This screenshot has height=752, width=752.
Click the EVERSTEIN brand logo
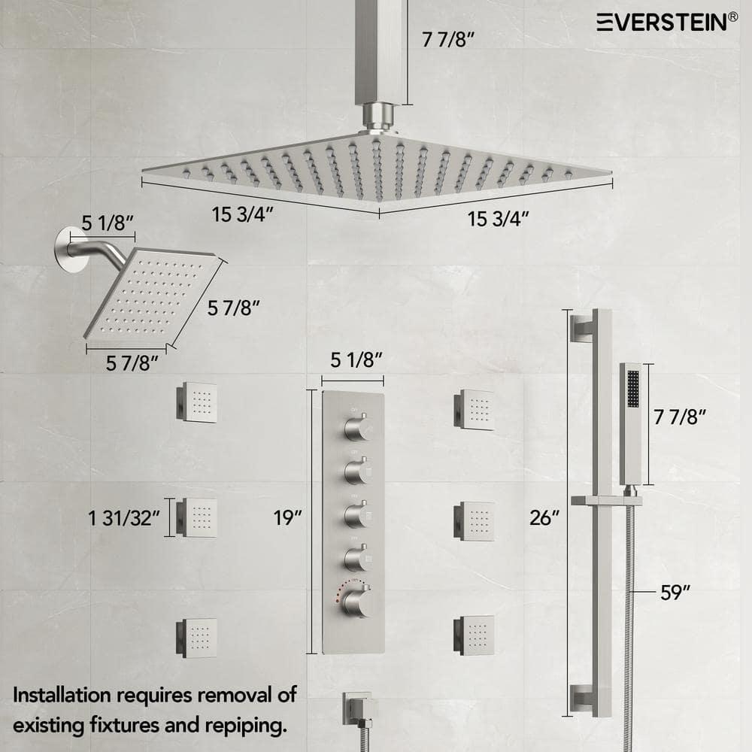coord(662,23)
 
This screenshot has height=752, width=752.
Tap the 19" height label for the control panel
coord(288,517)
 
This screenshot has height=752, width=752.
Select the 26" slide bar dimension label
coord(545,517)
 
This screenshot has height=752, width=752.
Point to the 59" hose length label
coord(675,593)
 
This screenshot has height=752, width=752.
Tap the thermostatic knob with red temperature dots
coord(357,602)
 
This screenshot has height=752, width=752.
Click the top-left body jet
coord(198,402)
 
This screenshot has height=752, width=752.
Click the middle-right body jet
coord(475,520)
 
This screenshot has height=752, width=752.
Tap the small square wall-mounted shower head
coord(154,295)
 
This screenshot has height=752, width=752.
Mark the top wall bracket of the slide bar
coord(583,328)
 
